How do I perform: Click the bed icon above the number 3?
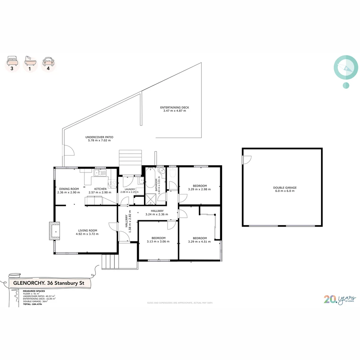[12, 61]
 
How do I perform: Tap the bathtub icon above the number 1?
[30, 60]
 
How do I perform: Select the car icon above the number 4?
[49, 61]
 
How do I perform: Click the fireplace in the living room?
[54, 231]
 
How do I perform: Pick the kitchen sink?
[100, 173]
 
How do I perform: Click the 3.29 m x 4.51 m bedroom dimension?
[199, 242]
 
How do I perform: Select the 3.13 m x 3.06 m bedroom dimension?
[158, 242]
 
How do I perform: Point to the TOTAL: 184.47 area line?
[32, 304]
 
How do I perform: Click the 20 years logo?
[340, 299]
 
